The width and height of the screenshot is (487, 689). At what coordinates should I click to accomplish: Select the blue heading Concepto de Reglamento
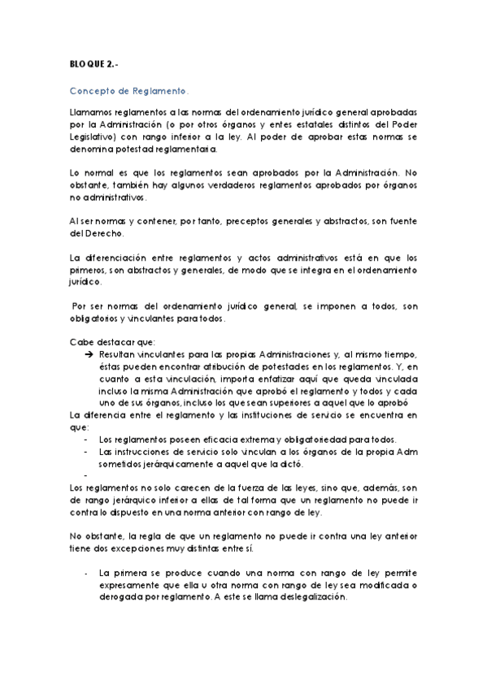(130, 92)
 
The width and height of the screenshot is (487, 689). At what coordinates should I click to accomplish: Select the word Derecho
(96, 233)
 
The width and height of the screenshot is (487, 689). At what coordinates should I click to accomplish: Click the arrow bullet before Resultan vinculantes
(89, 356)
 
